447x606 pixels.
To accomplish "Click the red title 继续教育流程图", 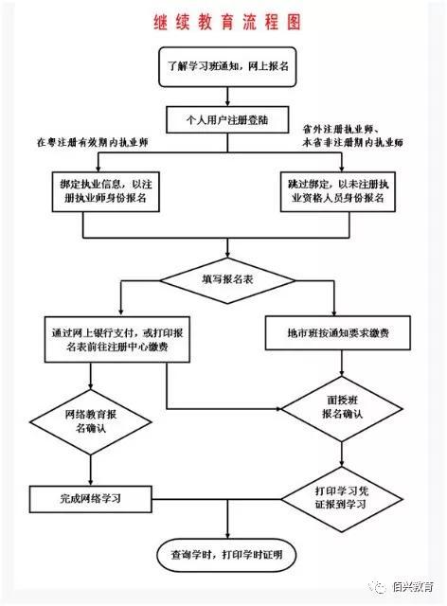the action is [x=227, y=22].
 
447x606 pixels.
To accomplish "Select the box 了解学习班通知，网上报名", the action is [x=227, y=67].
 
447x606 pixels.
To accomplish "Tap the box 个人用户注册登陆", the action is [x=227, y=120].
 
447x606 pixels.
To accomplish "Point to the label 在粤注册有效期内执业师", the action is [x=93, y=142].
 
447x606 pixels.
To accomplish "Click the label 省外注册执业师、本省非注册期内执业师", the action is [x=352, y=135].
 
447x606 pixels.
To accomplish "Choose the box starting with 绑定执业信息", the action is [x=106, y=191].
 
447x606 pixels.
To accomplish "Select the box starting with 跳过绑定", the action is [x=338, y=191].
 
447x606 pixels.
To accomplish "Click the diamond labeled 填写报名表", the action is [x=227, y=280].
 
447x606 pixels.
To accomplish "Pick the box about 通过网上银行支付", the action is [x=117, y=340].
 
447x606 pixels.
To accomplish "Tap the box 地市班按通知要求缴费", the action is [x=338, y=332].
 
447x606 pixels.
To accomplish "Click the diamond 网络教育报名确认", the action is [x=91, y=422].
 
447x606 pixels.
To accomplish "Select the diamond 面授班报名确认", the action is [x=342, y=408].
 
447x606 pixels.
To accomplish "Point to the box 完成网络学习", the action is [x=91, y=499].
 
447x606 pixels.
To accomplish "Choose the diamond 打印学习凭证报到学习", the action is [x=342, y=499].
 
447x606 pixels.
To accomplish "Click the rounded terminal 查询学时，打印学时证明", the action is [x=226, y=556].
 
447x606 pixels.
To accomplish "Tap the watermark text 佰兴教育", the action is [x=412, y=587].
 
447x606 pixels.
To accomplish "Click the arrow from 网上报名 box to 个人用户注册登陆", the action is [x=227, y=97].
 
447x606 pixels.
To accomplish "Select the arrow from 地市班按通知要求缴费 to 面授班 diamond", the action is [x=342, y=364].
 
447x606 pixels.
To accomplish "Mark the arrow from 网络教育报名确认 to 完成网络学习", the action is [x=91, y=471].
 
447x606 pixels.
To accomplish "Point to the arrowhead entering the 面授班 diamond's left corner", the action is [x=278, y=408].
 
